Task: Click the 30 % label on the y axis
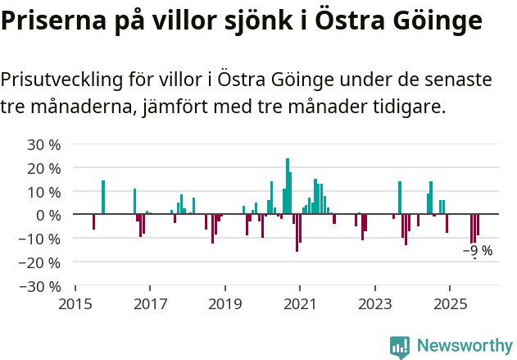(44, 144)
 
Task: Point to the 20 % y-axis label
(44, 168)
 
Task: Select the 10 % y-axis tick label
(44, 192)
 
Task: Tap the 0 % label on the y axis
(48, 215)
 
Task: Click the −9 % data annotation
(478, 251)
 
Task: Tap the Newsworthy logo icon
(400, 347)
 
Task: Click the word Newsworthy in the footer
(465, 347)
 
